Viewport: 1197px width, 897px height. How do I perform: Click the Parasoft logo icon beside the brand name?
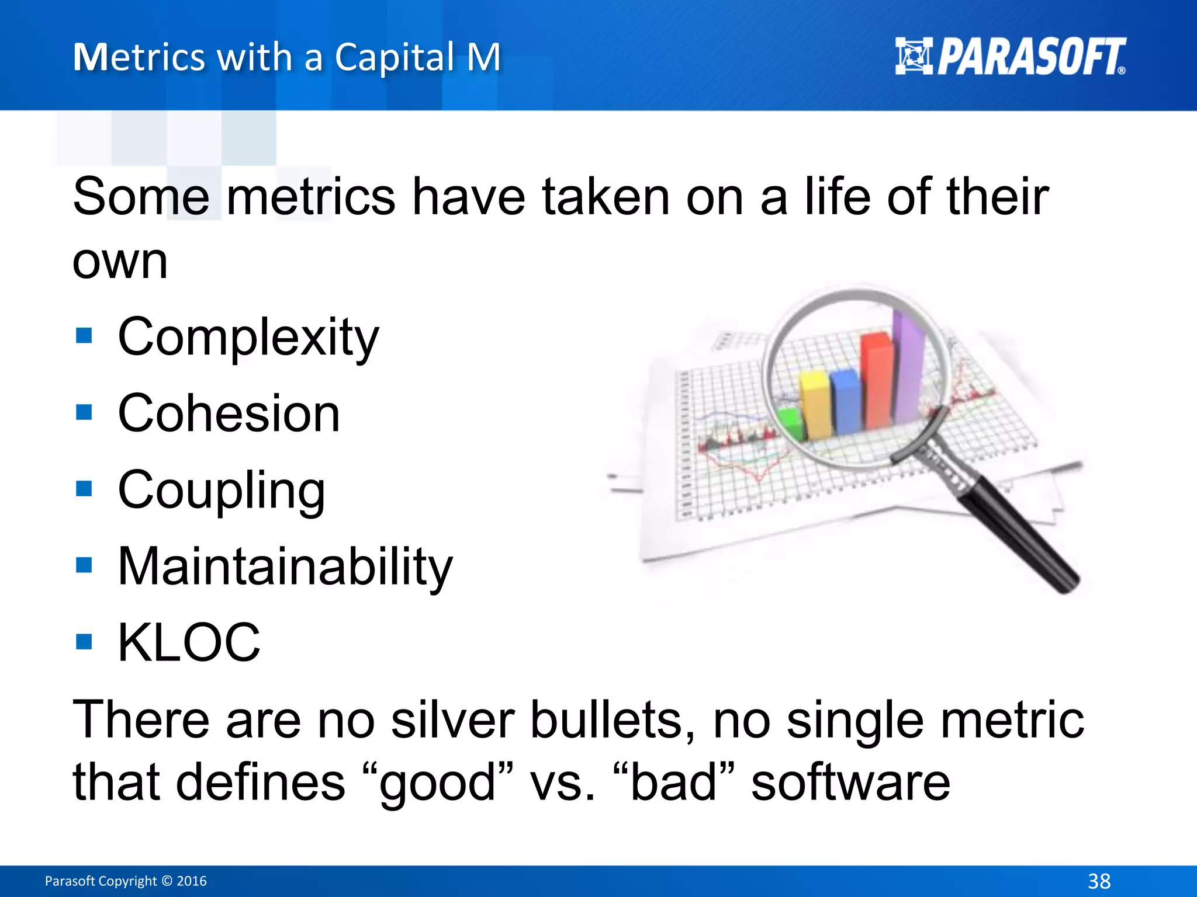[914, 56]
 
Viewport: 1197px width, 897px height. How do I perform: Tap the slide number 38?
[1099, 881]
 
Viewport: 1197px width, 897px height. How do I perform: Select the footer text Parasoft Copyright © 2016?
[126, 881]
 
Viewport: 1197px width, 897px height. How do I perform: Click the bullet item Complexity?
[248, 338]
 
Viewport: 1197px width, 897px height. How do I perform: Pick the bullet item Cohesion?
[229, 413]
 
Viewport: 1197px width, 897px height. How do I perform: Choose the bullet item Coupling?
[221, 491]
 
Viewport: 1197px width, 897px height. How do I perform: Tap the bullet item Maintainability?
[285, 566]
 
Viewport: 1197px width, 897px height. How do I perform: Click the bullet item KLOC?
[189, 642]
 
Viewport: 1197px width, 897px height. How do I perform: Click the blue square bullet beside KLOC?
[84, 642]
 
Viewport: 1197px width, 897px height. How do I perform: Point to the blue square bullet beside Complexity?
[84, 336]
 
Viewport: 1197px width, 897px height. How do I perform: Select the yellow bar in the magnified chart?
[816, 406]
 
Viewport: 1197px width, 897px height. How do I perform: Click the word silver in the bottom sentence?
[452, 720]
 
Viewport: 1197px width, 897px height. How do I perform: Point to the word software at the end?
[850, 783]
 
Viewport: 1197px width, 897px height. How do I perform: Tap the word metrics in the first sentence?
[310, 197]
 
